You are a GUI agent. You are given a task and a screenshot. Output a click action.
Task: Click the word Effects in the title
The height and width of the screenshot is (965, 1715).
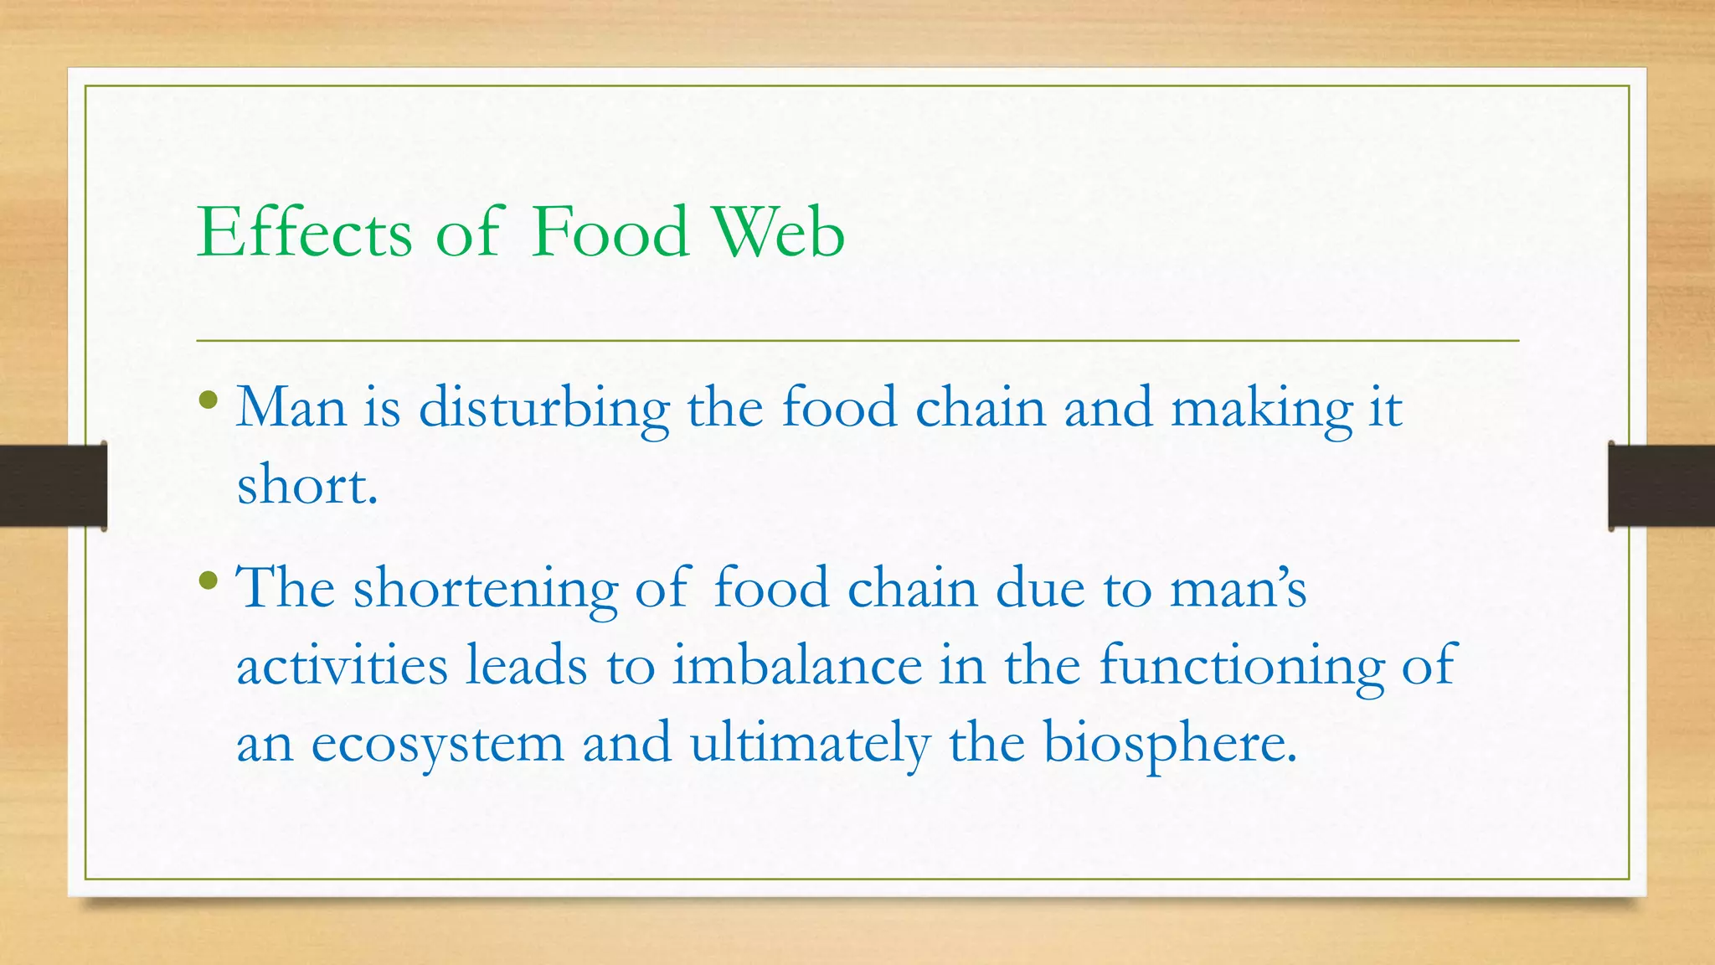pos(305,232)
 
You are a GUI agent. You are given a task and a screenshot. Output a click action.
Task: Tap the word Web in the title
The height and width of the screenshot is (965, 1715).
pos(778,232)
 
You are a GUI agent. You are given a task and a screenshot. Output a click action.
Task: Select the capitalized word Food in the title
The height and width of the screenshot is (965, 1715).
pos(610,232)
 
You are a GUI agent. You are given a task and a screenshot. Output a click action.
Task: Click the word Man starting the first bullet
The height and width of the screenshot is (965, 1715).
pos(291,408)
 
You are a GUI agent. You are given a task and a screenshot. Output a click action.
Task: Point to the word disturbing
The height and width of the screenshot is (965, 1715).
pos(544,410)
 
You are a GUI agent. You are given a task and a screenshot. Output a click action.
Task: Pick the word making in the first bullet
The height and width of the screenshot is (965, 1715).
pos(1261,410)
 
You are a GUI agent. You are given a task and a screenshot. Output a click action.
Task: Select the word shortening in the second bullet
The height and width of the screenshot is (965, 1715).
pos(486,589)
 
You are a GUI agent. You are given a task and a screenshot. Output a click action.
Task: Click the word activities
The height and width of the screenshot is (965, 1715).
pos(342,666)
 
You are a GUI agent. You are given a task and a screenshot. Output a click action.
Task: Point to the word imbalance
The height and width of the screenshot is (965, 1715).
pos(797,666)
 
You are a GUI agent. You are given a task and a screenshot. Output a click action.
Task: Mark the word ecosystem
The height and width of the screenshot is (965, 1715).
pos(438,745)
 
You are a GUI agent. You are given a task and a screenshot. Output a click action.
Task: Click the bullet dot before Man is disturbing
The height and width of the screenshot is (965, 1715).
pos(209,400)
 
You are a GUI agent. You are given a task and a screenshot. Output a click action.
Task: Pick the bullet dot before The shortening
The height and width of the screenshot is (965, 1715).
pos(209,580)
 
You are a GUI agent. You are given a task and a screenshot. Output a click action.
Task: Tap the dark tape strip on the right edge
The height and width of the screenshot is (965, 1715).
pos(1661,486)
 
